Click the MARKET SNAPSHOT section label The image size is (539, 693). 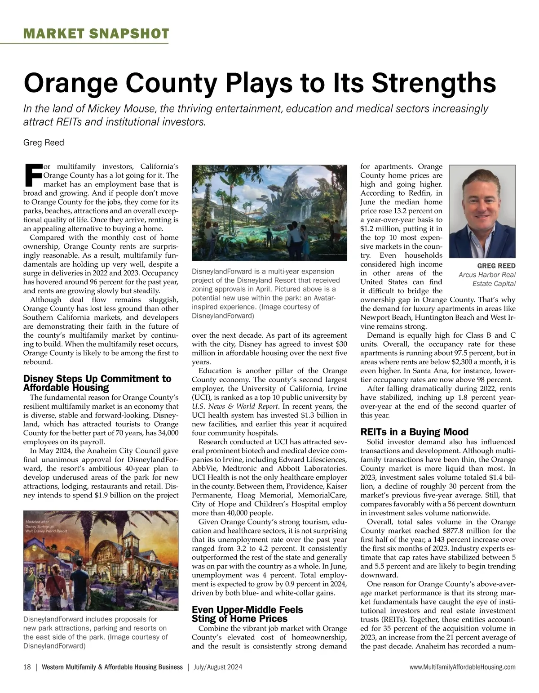[96, 34]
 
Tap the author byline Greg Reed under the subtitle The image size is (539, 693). [44, 143]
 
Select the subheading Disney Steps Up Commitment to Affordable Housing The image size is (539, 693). [97, 383]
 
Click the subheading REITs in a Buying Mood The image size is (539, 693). [414, 432]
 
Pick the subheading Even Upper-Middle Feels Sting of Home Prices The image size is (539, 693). [247, 614]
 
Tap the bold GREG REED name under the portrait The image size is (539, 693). [496, 266]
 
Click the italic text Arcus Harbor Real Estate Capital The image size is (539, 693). [487, 279]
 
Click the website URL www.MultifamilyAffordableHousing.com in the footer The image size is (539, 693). [463, 667]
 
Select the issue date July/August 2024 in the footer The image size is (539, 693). [218, 667]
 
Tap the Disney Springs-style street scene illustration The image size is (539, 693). [101, 562]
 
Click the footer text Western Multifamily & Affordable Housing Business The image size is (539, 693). [112, 667]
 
